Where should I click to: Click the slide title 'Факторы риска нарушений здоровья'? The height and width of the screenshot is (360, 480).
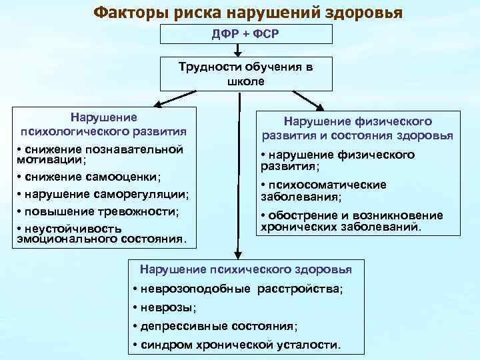coord(247,13)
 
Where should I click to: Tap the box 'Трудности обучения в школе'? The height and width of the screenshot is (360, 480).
coord(246,75)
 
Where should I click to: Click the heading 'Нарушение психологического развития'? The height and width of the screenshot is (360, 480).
coord(103,123)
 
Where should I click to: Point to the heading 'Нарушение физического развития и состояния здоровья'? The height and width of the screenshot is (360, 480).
coord(358,128)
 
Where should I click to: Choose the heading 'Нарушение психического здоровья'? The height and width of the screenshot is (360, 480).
coord(245,269)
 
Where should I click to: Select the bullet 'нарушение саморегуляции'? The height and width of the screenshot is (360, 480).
coord(103,195)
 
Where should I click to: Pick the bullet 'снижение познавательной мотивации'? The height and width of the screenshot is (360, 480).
coord(99,154)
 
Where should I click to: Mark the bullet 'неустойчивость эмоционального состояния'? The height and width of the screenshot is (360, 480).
coord(101,234)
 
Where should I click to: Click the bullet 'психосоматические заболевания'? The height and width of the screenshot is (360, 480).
coord(323,191)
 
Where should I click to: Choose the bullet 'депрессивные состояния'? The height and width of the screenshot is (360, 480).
coord(215,327)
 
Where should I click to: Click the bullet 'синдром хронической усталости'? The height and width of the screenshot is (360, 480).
coord(236,345)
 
